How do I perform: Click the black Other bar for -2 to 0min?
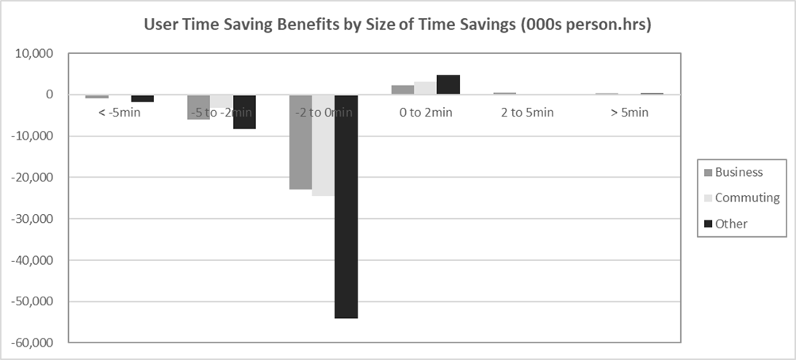click(x=346, y=206)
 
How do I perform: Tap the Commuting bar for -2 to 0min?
click(x=323, y=145)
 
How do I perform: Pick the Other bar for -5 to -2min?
click(x=244, y=112)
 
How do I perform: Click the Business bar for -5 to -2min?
click(x=198, y=107)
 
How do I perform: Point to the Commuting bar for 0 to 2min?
click(x=425, y=89)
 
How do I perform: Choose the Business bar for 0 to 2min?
click(x=402, y=90)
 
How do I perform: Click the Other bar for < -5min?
click(x=142, y=98)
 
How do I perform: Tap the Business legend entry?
click(x=738, y=172)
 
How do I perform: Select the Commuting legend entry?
click(x=747, y=197)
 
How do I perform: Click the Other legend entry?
click(x=731, y=224)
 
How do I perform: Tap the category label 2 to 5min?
click(x=527, y=113)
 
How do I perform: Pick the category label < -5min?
click(x=119, y=113)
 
